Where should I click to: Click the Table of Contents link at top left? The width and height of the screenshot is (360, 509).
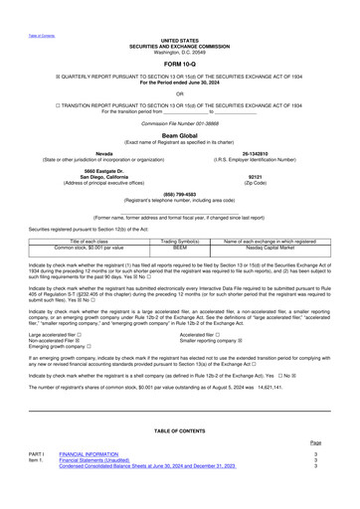(27, 7)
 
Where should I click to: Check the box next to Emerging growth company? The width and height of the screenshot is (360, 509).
(89, 319)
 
